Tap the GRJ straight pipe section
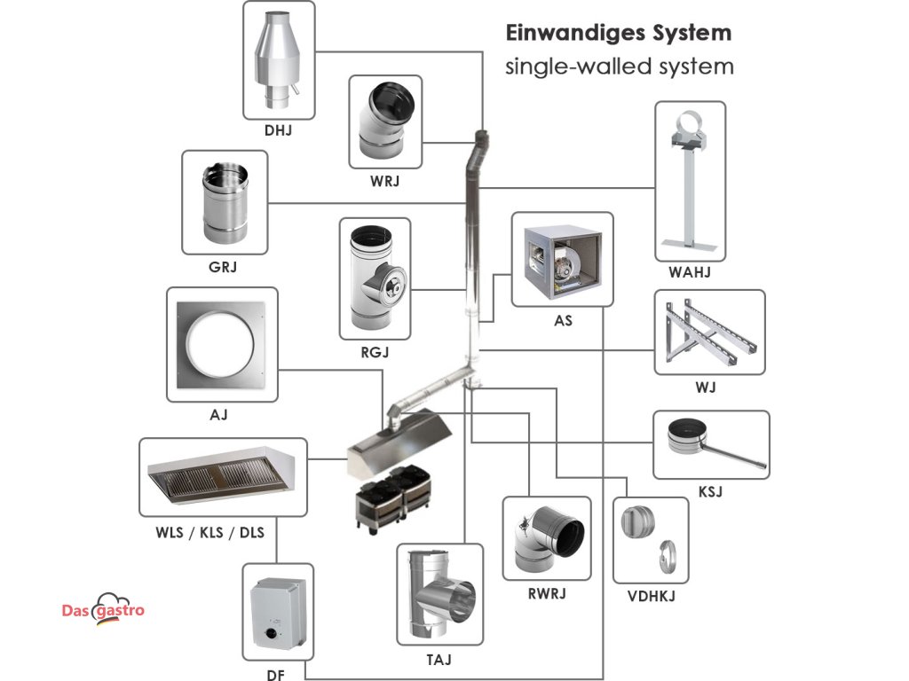pyautogui.click(x=225, y=203)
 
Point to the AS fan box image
pyautogui.click(x=562, y=262)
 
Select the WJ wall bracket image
pyautogui.click(x=710, y=332)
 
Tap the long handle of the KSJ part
pyautogui.click(x=732, y=453)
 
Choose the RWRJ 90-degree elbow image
pyautogui.click(x=548, y=538)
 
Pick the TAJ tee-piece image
pyautogui.click(x=441, y=594)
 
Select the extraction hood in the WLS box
pyautogui.click(x=221, y=474)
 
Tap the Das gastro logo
pyautogui.click(x=103, y=610)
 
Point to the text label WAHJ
pyautogui.click(x=689, y=272)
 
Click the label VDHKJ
pyautogui.click(x=651, y=596)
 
